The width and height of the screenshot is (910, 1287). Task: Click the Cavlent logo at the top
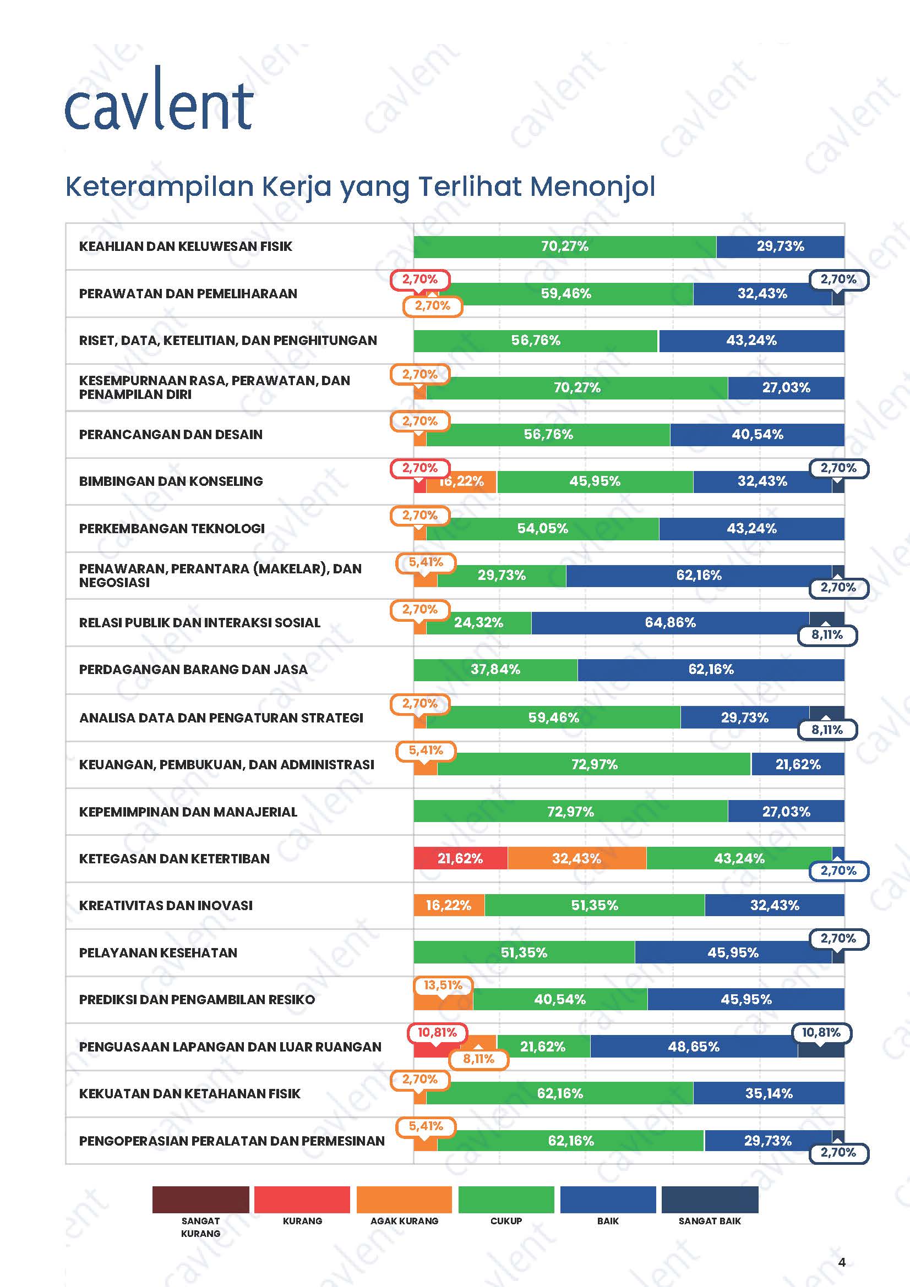[159, 101]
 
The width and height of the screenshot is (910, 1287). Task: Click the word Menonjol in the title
[592, 186]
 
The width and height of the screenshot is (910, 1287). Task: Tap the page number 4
[841, 1262]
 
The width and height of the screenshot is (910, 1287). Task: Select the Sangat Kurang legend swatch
[200, 1199]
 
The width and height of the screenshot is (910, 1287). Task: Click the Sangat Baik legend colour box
[709, 1199]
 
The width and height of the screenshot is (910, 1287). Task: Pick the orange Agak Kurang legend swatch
[404, 1199]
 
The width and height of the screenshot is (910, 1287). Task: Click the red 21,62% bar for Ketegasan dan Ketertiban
[460, 858]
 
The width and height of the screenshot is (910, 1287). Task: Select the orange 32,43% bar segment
[576, 858]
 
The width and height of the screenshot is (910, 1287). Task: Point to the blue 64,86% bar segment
[670, 622]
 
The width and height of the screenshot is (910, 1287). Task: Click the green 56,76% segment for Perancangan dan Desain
[548, 435]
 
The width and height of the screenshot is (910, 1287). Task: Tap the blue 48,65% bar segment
[693, 1047]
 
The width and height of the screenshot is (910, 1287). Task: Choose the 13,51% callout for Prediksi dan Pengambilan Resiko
[443, 985]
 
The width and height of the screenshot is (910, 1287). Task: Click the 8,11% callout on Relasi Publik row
[827, 634]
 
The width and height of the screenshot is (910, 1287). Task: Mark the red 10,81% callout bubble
[437, 1032]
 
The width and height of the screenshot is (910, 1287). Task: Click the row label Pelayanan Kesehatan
[158, 952]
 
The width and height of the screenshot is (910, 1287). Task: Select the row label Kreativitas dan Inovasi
[165, 905]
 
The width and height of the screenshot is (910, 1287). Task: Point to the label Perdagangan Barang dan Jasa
[193, 669]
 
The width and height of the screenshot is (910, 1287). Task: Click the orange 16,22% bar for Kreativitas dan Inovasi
[449, 905]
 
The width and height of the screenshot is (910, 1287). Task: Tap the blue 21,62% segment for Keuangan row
[797, 764]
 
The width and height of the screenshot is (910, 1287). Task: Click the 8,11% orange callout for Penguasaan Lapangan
[478, 1059]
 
